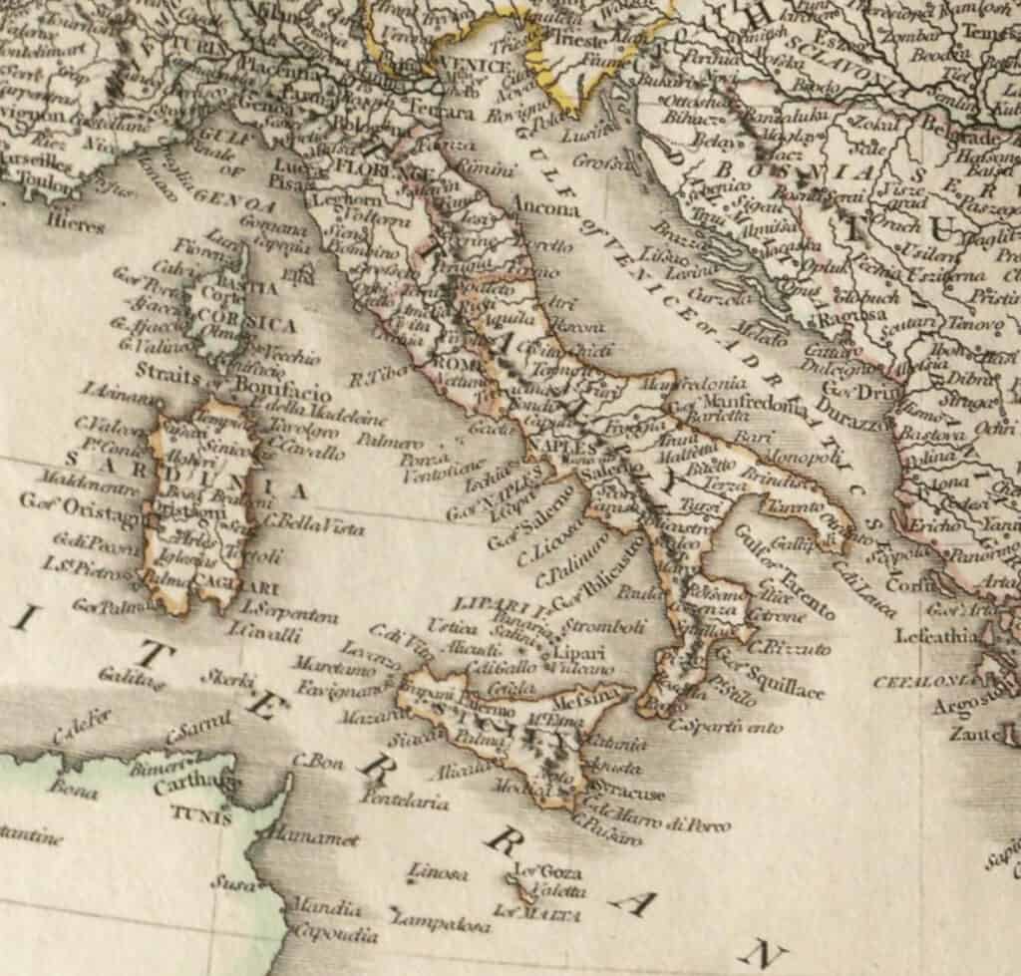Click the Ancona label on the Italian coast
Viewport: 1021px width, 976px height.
pyautogui.click(x=544, y=208)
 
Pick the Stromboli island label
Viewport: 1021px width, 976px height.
pyautogui.click(x=604, y=626)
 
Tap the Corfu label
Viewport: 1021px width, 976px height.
pyautogui.click(x=909, y=585)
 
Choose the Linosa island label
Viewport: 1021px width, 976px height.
pyautogui.click(x=437, y=873)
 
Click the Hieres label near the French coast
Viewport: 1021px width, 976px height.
pyautogui.click(x=76, y=225)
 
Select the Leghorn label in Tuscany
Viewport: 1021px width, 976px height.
pyautogui.click(x=342, y=199)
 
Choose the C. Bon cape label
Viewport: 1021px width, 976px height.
pyautogui.click(x=318, y=759)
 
